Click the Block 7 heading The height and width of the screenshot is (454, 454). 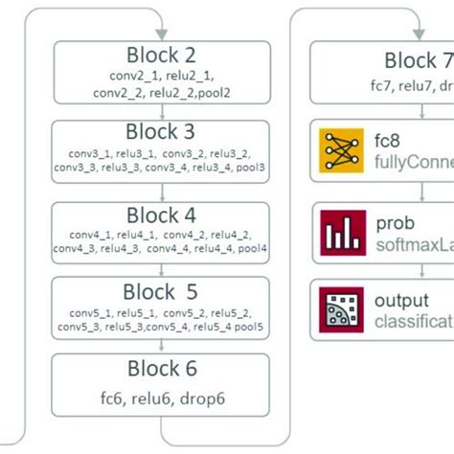[x=418, y=61]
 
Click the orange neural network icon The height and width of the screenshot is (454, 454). [x=338, y=152]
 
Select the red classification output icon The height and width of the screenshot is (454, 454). [x=338, y=309]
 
